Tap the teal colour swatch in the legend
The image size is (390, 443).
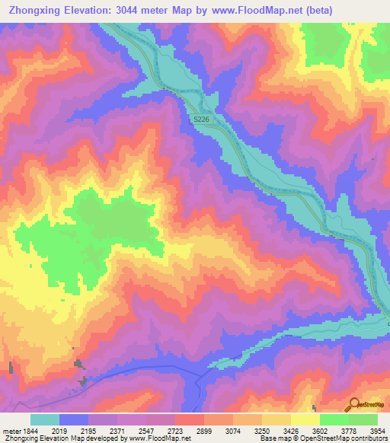pos(45,419)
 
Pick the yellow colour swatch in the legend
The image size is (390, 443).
pos(305,419)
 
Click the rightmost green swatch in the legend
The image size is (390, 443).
pos(363,419)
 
